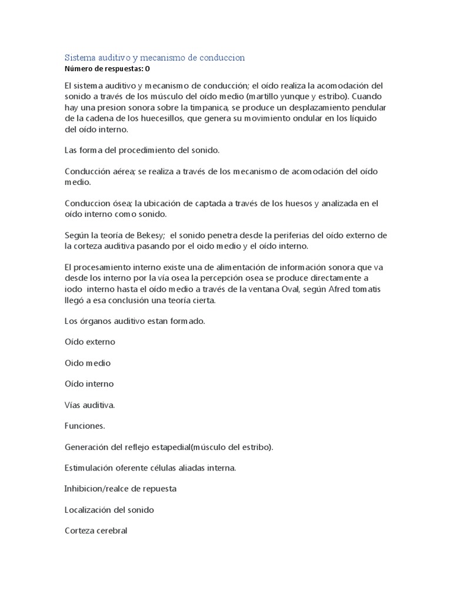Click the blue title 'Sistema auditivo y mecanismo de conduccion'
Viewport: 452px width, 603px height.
tap(154, 58)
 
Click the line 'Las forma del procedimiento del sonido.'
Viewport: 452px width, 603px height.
tap(141, 150)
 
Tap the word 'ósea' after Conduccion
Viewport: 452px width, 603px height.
tap(122, 204)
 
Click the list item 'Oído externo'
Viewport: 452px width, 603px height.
tap(89, 342)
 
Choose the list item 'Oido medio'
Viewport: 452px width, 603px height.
tap(87, 363)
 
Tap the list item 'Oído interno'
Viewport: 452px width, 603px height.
tap(89, 384)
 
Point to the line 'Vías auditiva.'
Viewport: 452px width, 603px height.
tap(89, 405)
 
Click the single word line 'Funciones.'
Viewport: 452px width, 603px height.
tap(84, 426)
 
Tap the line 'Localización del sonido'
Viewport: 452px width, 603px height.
tap(109, 510)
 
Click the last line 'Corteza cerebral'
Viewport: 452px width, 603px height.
tap(95, 531)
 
